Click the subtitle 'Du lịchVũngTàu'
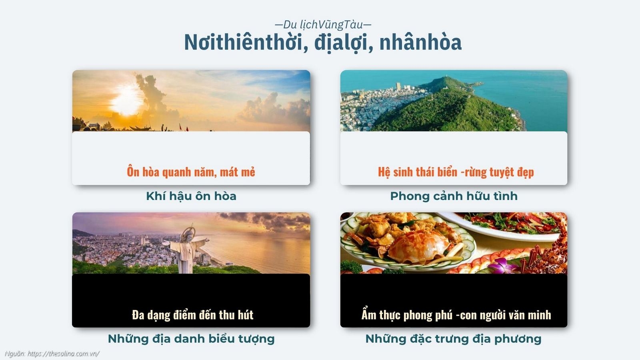pos(323,25)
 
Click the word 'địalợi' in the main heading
pos(343,42)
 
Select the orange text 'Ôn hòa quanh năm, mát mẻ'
pos(191,172)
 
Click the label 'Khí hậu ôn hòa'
pos(191,196)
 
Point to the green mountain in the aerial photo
pos(448,108)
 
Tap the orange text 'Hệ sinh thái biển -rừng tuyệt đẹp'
pos(456,172)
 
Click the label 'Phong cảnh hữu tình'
pos(454,196)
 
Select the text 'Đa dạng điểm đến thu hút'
pos(192,315)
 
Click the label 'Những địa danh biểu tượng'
pos(191,339)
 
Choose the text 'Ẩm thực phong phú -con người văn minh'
pos(456,315)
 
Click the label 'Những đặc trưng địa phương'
pos(453,339)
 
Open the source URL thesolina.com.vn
pos(63,354)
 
